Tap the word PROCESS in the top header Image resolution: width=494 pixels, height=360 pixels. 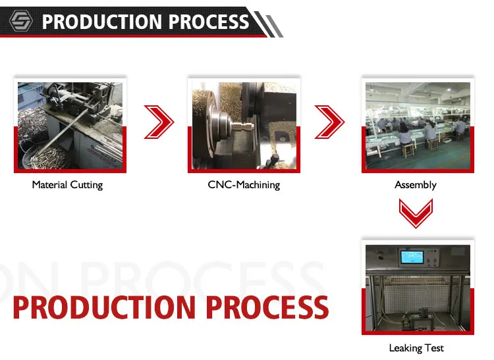tap(208, 21)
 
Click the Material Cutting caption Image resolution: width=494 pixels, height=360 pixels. tap(67, 185)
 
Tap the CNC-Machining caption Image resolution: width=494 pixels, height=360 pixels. tap(244, 185)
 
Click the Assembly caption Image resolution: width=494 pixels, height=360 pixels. tap(416, 185)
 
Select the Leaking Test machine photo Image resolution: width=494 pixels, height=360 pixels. tap(417, 287)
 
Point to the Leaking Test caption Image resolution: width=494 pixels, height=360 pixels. tap(416, 347)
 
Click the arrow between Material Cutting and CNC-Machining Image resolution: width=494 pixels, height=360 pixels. tap(159, 122)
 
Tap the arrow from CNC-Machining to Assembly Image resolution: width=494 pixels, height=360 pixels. tap(330, 122)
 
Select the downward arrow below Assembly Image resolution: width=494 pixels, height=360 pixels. tap(417, 213)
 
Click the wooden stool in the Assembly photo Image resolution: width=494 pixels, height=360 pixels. tap(408, 150)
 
